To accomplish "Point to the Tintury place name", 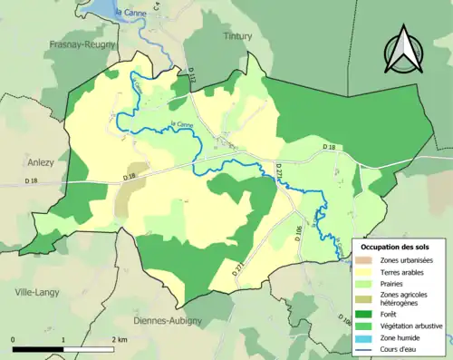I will coord(237,36).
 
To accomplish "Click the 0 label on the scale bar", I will coord(14,338).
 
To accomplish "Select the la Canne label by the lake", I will coord(129,12).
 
